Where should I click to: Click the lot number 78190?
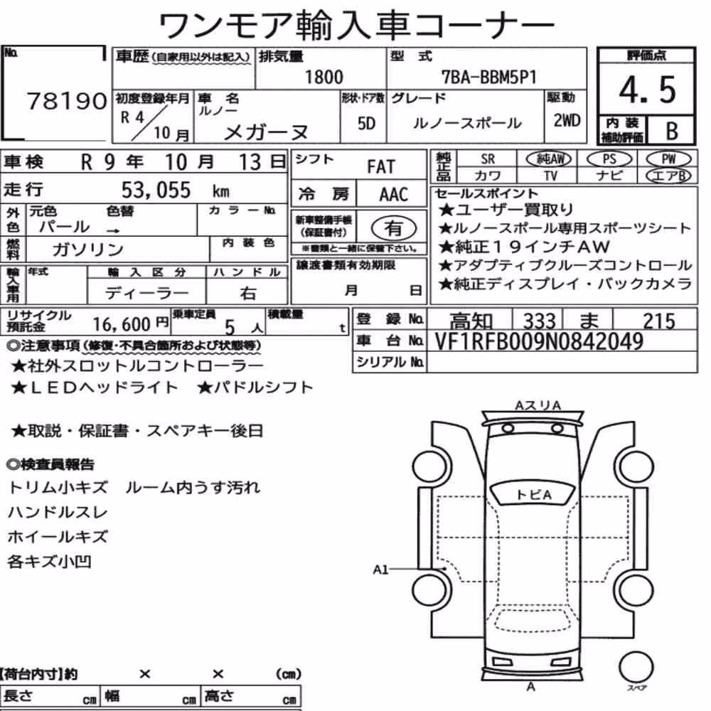click(x=67, y=101)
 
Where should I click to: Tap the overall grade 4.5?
click(x=647, y=90)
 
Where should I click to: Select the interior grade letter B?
click(x=672, y=131)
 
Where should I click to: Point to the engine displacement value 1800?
click(x=324, y=77)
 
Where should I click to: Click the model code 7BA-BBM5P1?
click(x=489, y=77)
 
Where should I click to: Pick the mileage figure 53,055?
click(x=156, y=190)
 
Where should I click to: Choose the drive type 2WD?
click(x=567, y=120)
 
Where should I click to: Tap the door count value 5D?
click(x=366, y=123)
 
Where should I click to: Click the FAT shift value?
click(x=381, y=167)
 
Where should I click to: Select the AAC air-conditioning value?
click(x=394, y=195)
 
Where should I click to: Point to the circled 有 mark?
click(x=394, y=228)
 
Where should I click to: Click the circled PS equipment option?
click(x=609, y=159)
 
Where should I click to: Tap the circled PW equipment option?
click(x=668, y=159)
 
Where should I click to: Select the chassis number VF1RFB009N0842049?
click(x=539, y=341)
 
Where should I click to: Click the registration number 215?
click(x=659, y=321)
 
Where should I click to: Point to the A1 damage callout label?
click(x=380, y=570)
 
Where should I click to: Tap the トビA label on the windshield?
click(x=534, y=495)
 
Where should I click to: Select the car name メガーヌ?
click(x=266, y=132)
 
